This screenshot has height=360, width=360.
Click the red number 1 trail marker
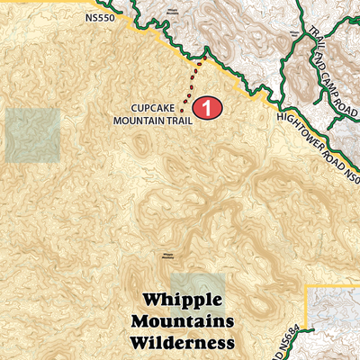(208, 107)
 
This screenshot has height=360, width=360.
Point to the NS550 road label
(101, 16)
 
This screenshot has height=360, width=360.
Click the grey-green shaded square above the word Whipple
(198, 286)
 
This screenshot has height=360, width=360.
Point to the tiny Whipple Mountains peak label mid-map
(166, 256)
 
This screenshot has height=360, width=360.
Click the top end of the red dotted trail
(203, 58)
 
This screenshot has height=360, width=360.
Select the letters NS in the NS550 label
(93, 16)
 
